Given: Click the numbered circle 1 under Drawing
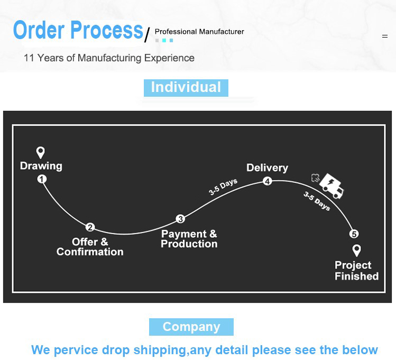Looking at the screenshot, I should [42, 179].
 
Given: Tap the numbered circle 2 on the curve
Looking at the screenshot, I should [90, 228].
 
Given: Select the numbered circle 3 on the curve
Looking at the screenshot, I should [180, 219].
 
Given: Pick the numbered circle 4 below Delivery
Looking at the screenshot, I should [268, 181].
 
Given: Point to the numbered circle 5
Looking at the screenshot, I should [354, 234].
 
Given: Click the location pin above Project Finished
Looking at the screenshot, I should [356, 251].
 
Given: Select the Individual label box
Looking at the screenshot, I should [186, 87].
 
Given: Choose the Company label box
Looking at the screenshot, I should [191, 327].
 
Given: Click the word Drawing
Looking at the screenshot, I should [41, 166].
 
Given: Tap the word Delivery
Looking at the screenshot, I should [267, 168].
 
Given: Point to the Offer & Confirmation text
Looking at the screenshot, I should [90, 247].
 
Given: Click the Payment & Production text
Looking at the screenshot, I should [189, 239].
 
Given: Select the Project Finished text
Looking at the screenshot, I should [356, 271].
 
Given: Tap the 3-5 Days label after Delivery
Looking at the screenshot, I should [317, 201].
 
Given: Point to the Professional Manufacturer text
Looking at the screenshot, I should [199, 32].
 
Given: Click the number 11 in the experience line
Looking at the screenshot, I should [29, 58].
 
